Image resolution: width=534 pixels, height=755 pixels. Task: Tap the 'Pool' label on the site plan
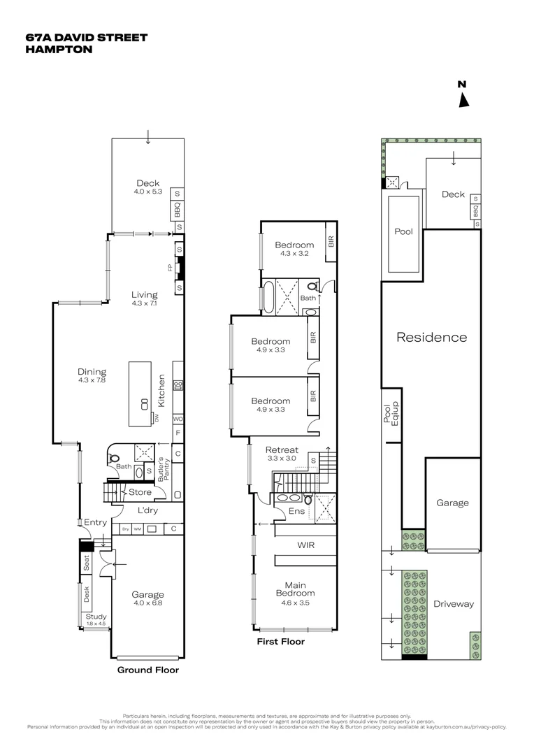pyautogui.click(x=403, y=231)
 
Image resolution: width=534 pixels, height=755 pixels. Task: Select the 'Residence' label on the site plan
pyautogui.click(x=431, y=337)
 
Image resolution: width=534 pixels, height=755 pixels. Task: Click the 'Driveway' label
pyautogui.click(x=453, y=604)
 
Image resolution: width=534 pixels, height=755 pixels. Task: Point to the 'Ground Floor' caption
pyautogui.click(x=147, y=670)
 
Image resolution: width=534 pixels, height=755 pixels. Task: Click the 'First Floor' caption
pyautogui.click(x=281, y=641)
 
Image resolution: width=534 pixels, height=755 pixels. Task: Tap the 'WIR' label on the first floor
pyautogui.click(x=305, y=545)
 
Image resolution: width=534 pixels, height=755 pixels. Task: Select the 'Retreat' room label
pyautogui.click(x=282, y=450)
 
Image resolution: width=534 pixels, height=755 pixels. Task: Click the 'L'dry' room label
pyautogui.click(x=145, y=510)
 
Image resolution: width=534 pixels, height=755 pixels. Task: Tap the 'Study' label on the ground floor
pyautogui.click(x=96, y=617)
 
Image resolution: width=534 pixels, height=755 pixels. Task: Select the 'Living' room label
pyautogui.click(x=145, y=295)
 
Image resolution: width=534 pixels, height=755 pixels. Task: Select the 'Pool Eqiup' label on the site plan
pyautogui.click(x=390, y=414)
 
